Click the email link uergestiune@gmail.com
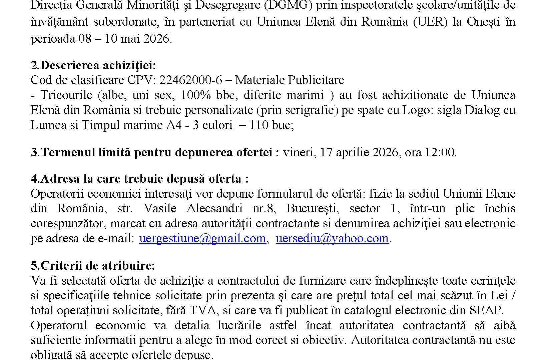tap(202, 238)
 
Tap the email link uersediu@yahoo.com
tap(332, 238)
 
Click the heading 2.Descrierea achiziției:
tap(93, 65)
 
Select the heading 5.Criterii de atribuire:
tap(93, 266)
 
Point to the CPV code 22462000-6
tap(191, 80)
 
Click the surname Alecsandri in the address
tap(214, 208)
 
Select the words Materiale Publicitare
tap(290, 80)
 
